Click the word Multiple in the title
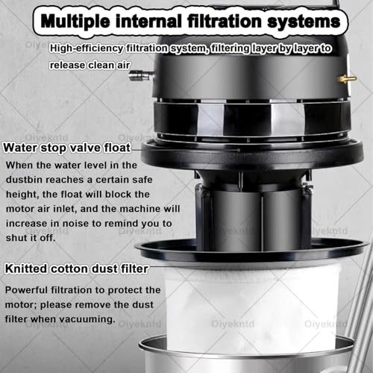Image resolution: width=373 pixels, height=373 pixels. click(x=75, y=21)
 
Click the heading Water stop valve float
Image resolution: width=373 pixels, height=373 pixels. click(x=67, y=148)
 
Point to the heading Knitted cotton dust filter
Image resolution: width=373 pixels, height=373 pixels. click(x=77, y=269)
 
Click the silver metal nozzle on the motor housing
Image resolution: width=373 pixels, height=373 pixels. click(x=141, y=75)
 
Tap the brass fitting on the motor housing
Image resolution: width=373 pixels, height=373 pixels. click(x=347, y=79)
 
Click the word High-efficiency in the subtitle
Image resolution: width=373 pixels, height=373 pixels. click(x=87, y=48)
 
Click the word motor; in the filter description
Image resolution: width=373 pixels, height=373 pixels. click(x=21, y=304)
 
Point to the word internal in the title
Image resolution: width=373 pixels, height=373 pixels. click(x=148, y=21)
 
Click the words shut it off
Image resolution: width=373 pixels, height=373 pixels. click(x=31, y=238)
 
